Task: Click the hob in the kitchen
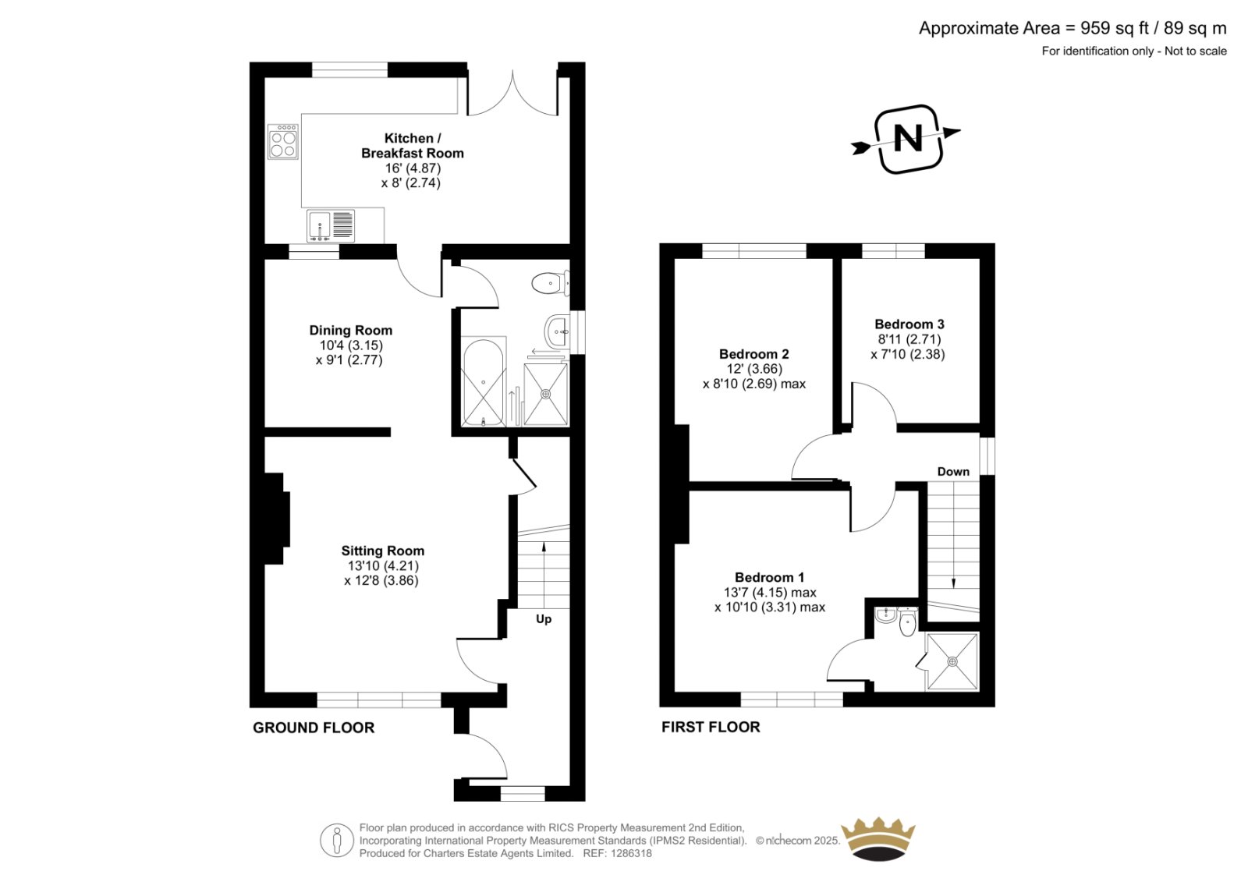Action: click(x=283, y=141)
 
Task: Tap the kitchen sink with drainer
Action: click(x=331, y=225)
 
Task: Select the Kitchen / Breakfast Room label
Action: click(x=413, y=145)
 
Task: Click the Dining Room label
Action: click(x=351, y=331)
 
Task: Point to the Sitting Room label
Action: click(x=383, y=551)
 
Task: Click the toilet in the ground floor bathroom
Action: click(x=551, y=283)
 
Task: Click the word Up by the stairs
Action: click(x=544, y=619)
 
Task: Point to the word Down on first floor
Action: click(x=953, y=472)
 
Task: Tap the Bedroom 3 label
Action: click(x=909, y=324)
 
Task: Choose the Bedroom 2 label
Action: click(x=753, y=354)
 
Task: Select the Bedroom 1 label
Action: click(x=769, y=578)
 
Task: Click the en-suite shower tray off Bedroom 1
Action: click(x=952, y=662)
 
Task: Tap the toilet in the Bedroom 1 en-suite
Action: click(x=908, y=622)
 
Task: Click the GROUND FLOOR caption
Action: click(x=314, y=728)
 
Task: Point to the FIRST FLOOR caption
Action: click(x=711, y=727)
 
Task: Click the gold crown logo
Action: click(x=878, y=839)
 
